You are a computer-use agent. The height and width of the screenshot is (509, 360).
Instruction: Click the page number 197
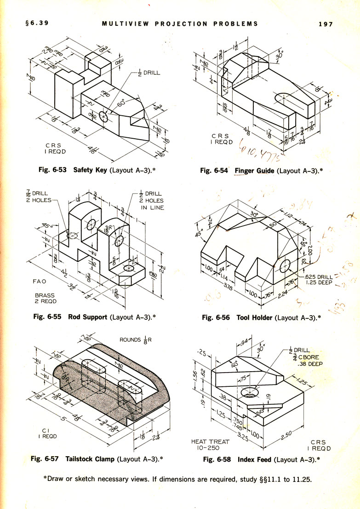point(325,24)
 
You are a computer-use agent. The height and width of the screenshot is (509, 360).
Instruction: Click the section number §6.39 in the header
point(33,23)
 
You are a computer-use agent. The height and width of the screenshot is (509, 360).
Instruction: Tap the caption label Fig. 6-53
point(54,170)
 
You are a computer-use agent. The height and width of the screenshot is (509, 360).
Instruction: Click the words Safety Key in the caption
point(90,170)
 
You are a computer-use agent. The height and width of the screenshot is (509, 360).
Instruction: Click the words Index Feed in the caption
point(255,458)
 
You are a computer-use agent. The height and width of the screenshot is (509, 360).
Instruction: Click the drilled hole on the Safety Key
point(104,117)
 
